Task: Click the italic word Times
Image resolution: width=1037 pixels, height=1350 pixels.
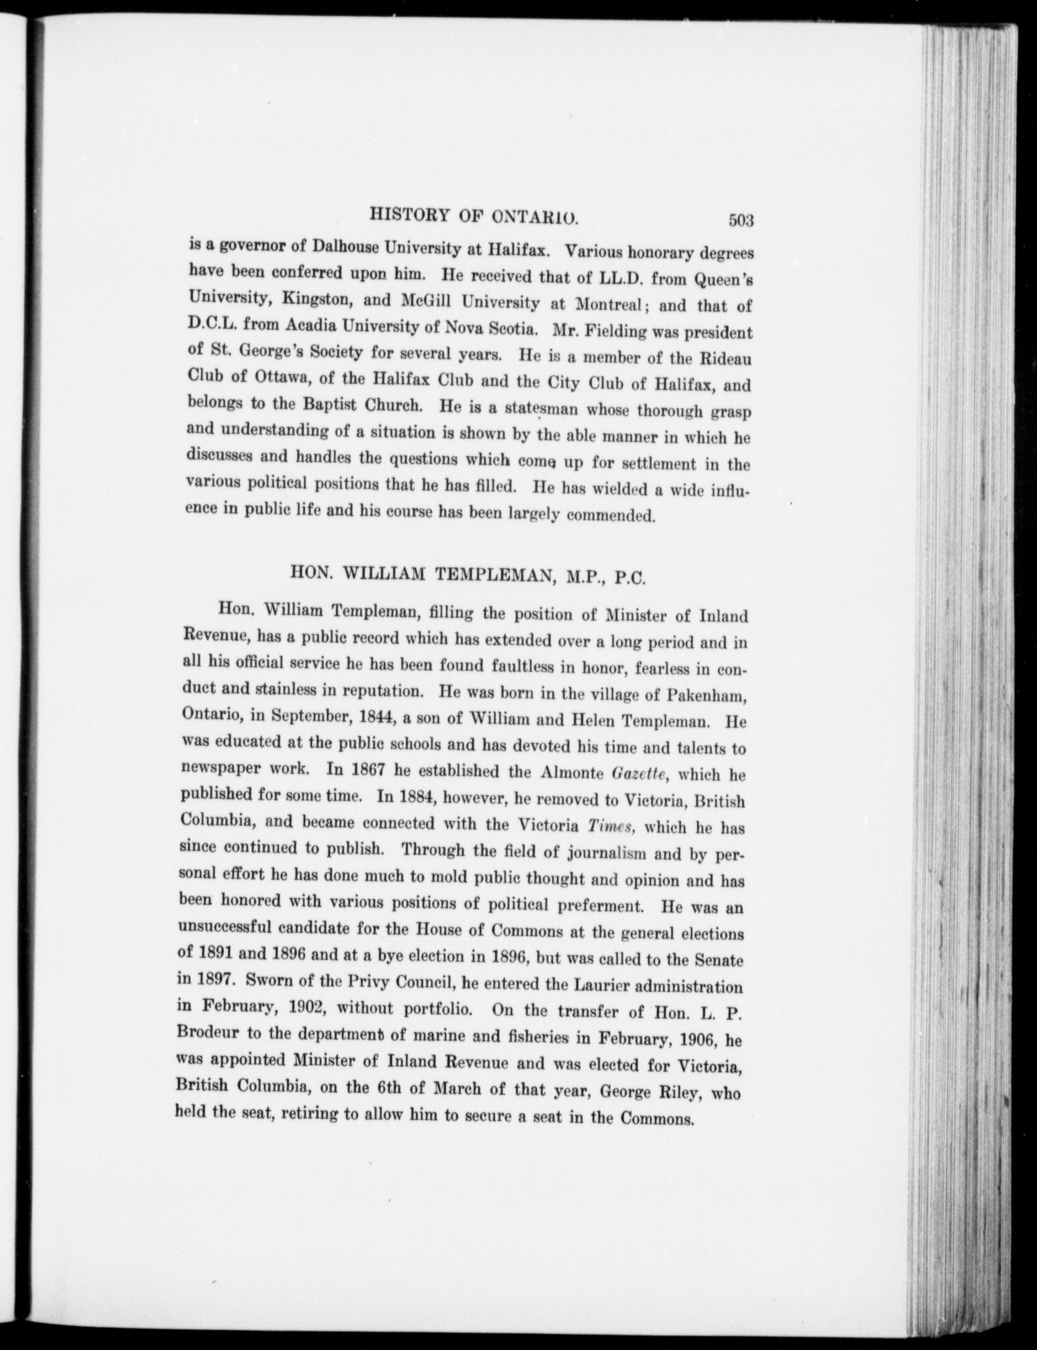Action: (x=607, y=827)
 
